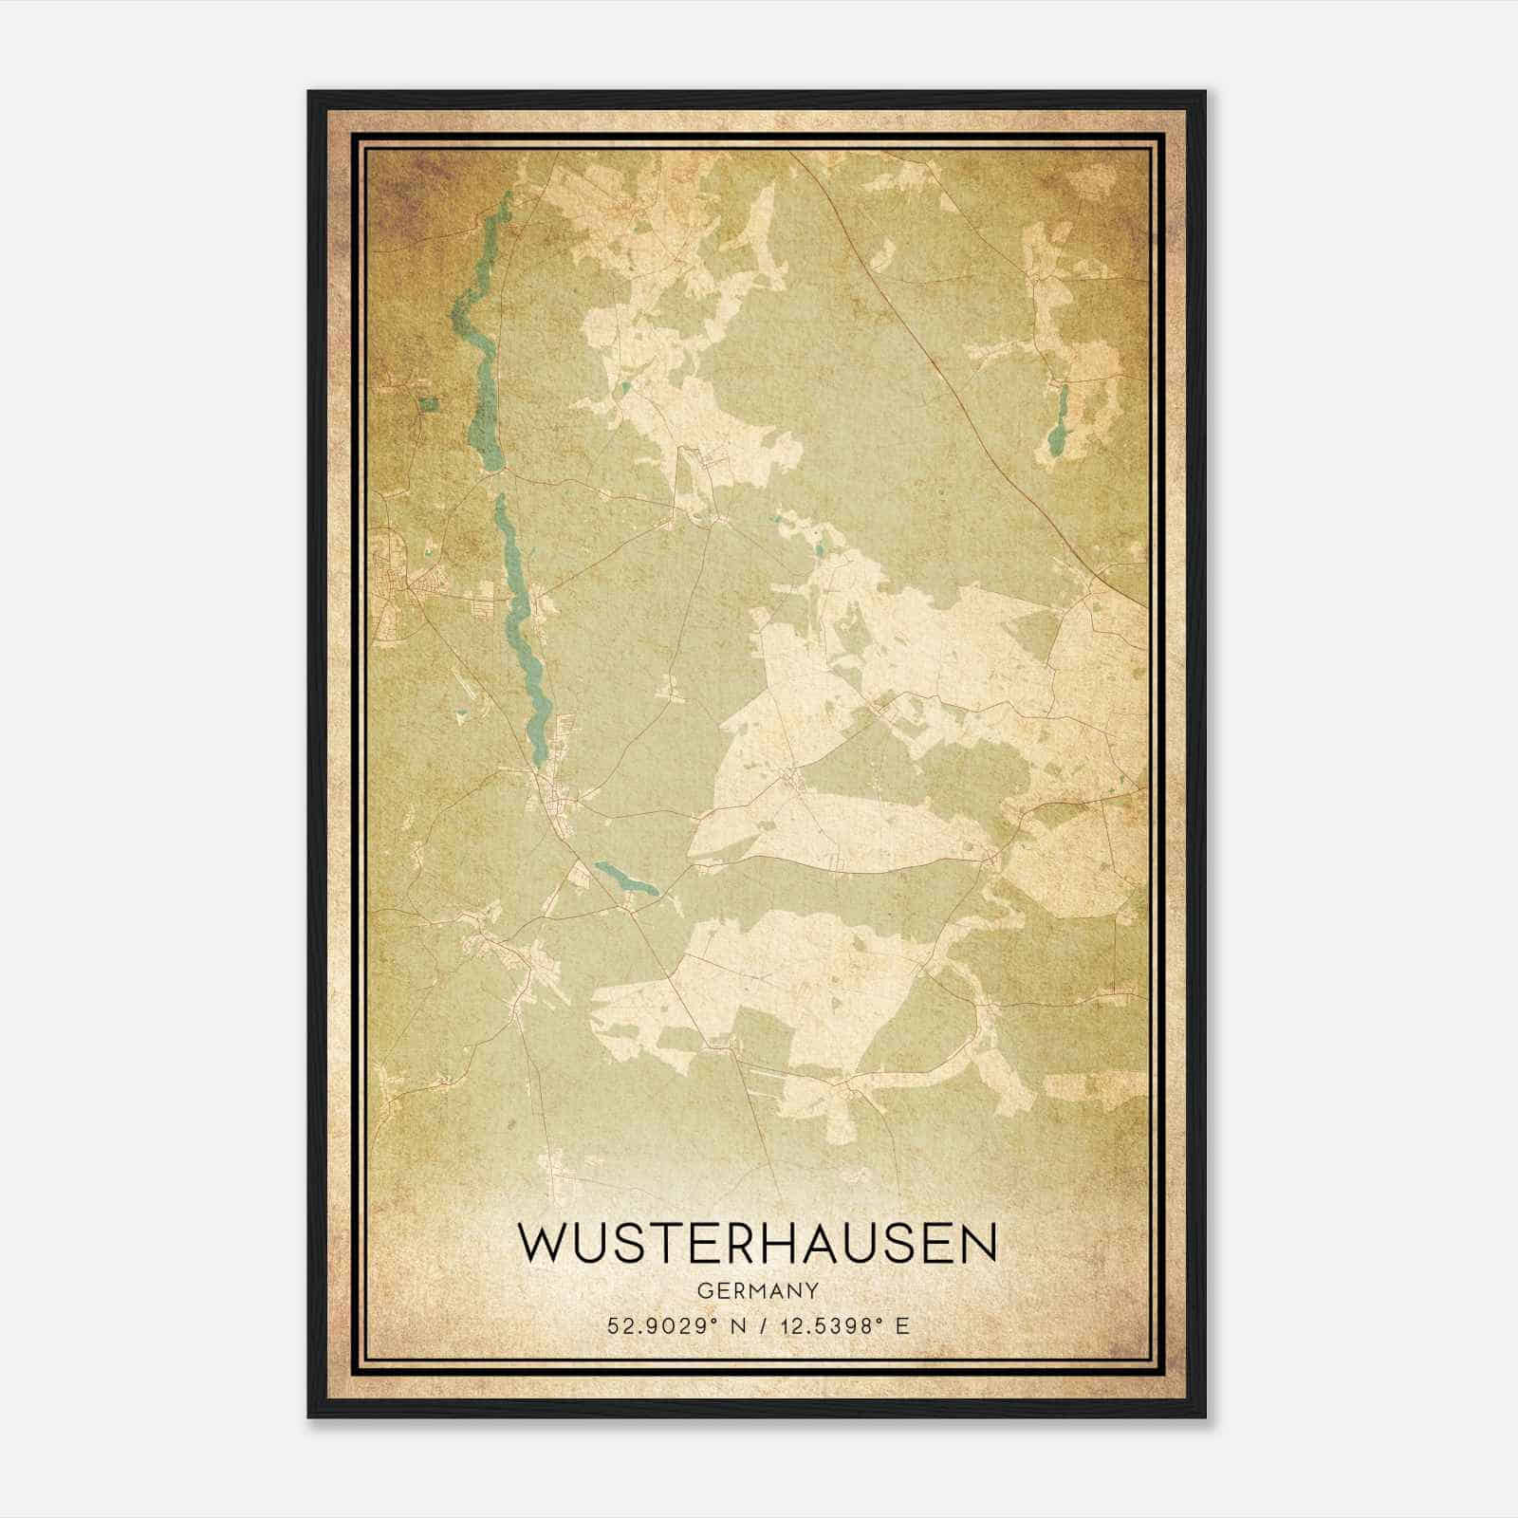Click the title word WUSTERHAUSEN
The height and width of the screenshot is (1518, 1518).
(x=756, y=1244)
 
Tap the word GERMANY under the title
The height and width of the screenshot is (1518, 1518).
(x=756, y=1290)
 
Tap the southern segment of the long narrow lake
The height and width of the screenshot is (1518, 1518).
(x=523, y=626)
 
